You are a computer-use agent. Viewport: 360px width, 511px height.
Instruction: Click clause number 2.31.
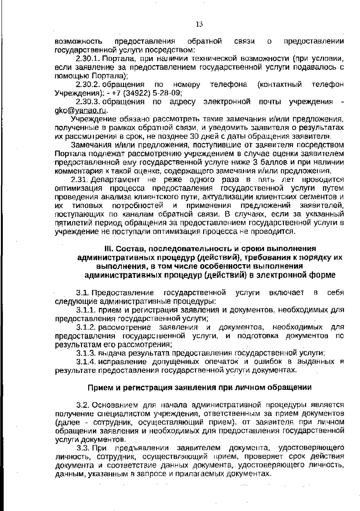click(x=79, y=180)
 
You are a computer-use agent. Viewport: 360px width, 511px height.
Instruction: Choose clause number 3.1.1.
click(x=86, y=310)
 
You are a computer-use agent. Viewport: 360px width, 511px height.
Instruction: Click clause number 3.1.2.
click(x=86, y=327)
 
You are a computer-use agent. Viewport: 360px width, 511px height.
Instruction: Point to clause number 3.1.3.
click(x=86, y=353)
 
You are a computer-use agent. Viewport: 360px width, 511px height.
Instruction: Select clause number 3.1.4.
click(x=86, y=361)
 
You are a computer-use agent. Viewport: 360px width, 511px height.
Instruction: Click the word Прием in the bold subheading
click(x=98, y=387)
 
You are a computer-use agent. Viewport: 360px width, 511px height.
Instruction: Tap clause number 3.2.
click(x=83, y=405)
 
